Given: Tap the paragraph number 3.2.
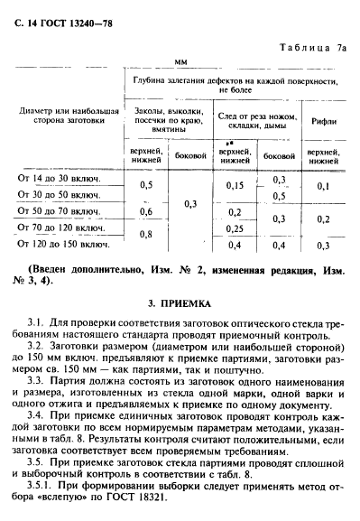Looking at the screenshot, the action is tap(36, 346).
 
